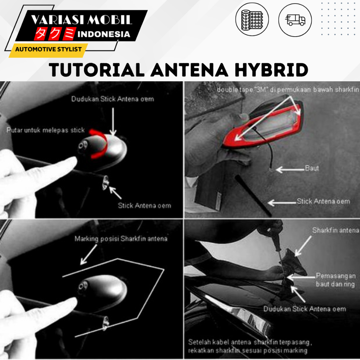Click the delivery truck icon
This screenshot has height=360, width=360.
click(295, 20)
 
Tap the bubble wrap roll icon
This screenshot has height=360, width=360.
click(252, 20)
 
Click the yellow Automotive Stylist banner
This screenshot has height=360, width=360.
click(48, 49)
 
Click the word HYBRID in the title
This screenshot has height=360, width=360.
click(271, 70)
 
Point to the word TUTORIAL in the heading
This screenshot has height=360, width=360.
click(97, 70)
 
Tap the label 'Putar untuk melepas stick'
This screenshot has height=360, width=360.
click(45, 130)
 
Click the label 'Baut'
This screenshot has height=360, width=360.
click(312, 168)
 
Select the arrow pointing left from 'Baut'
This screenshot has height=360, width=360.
click(290, 170)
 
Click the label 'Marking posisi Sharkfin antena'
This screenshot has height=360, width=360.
click(121, 239)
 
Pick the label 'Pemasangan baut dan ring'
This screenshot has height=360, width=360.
click(336, 280)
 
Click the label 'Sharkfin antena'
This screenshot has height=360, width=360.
click(335, 230)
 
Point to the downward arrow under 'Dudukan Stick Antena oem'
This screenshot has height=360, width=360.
click(113, 122)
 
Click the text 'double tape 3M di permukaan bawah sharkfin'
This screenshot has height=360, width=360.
click(288, 90)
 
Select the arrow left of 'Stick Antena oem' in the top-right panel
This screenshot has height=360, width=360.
click(282, 203)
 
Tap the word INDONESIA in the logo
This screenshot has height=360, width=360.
click(104, 34)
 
